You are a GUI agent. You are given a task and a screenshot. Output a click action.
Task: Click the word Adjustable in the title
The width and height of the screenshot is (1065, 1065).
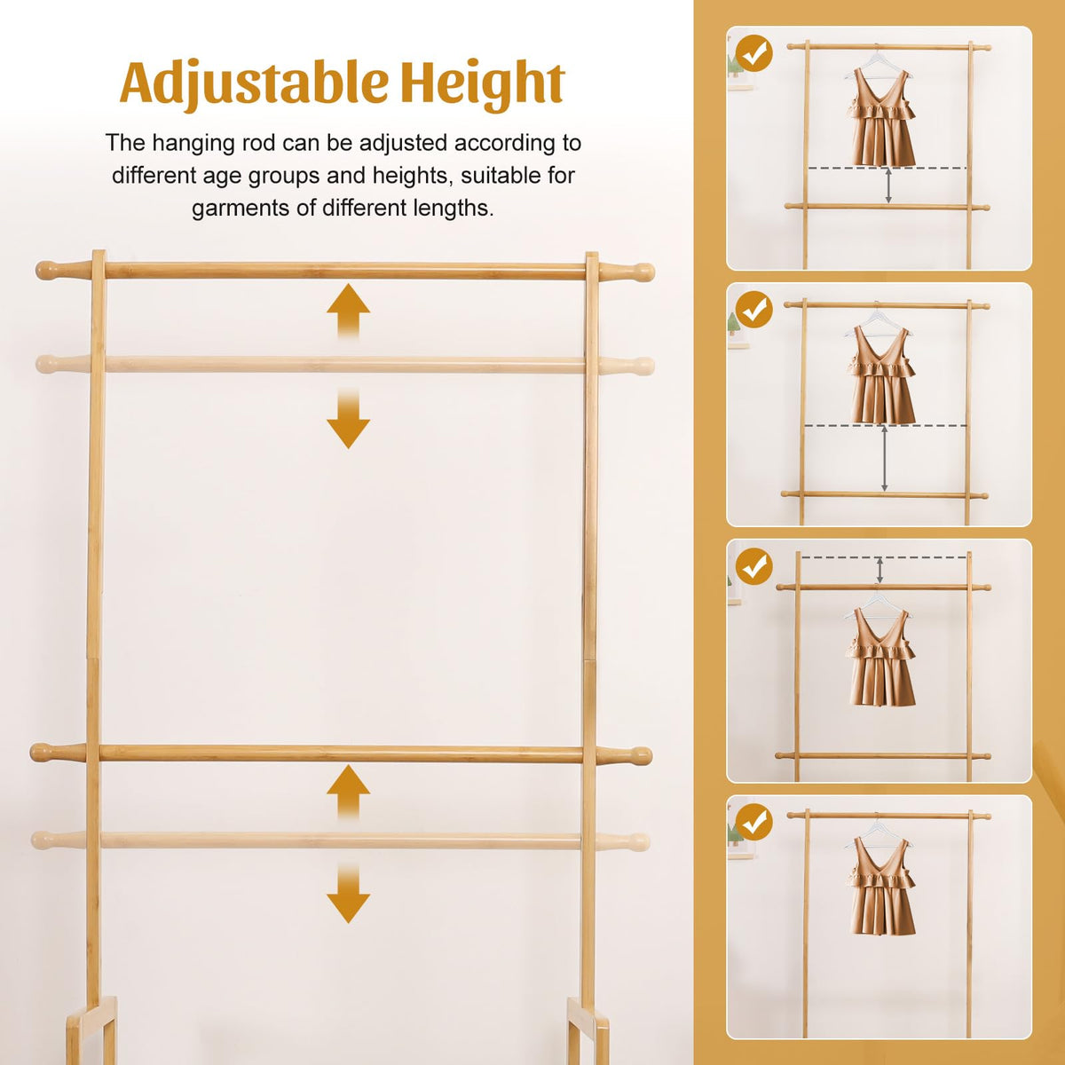point(253,84)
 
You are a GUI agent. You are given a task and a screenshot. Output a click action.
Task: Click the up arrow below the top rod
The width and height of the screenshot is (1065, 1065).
point(348,312)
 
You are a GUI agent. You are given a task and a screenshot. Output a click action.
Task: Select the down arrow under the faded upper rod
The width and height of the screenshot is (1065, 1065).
point(348,418)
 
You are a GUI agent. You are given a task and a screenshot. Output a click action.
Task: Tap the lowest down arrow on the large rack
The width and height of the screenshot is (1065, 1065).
point(348,892)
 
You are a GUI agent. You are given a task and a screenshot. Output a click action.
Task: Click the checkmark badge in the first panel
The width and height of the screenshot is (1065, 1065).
point(754,53)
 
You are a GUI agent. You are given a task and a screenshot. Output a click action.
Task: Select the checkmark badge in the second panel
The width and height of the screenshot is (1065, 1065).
point(754,310)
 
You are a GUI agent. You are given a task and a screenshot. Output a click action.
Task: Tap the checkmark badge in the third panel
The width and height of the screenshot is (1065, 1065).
point(754,566)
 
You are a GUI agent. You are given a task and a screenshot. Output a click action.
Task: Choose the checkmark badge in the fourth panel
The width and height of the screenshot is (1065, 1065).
point(754,824)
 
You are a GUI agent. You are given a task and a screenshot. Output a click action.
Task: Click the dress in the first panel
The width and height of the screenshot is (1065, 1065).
point(880,118)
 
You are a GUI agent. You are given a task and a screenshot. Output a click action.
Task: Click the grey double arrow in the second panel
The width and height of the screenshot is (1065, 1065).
point(884,459)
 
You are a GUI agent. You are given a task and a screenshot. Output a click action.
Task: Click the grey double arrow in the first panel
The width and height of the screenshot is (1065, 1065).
point(888,185)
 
